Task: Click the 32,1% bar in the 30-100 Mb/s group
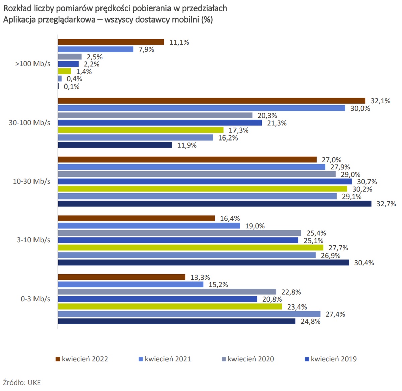pyautogui.click(x=211, y=101)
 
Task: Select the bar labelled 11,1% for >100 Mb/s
pyautogui.click(x=111, y=42)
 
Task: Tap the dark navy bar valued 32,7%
pyautogui.click(x=214, y=204)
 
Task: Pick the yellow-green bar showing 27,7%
pyautogui.click(x=191, y=248)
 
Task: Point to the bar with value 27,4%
pyautogui.click(x=189, y=314)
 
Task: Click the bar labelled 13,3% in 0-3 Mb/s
pyautogui.click(x=122, y=277)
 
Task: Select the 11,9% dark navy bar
pyautogui.click(x=115, y=145)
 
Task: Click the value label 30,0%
pyautogui.click(x=360, y=108)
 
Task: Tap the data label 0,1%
pyautogui.click(x=72, y=87)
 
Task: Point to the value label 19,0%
pyautogui.click(x=255, y=226)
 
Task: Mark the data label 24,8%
pyautogui.click(x=310, y=321)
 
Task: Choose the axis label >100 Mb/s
pyautogui.click(x=33, y=64)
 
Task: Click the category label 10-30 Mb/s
pyautogui.click(x=31, y=181)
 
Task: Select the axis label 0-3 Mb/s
pyautogui.click(x=36, y=299)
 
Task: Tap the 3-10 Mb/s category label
pyautogui.click(x=33, y=240)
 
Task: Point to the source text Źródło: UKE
pyautogui.click(x=22, y=382)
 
